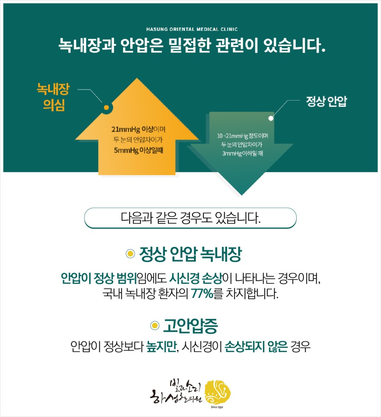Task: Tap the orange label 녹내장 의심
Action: pyautogui.click(x=53, y=98)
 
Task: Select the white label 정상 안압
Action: pyautogui.click(x=327, y=102)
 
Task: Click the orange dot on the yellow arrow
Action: pyautogui.click(x=106, y=107)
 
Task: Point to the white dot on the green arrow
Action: pyautogui.click(x=271, y=118)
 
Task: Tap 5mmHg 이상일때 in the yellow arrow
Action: pyautogui.click(x=138, y=150)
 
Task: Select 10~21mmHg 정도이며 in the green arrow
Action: pyautogui.click(x=243, y=136)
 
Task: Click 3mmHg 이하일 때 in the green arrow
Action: pyautogui.click(x=243, y=153)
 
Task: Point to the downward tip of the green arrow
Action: pyautogui.click(x=241, y=194)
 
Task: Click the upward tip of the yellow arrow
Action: pyautogui.click(x=137, y=79)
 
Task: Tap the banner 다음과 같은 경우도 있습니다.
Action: pyautogui.click(x=190, y=218)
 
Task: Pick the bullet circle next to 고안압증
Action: pyautogui.click(x=155, y=326)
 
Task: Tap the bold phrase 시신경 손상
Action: pyautogui.click(x=196, y=278)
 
